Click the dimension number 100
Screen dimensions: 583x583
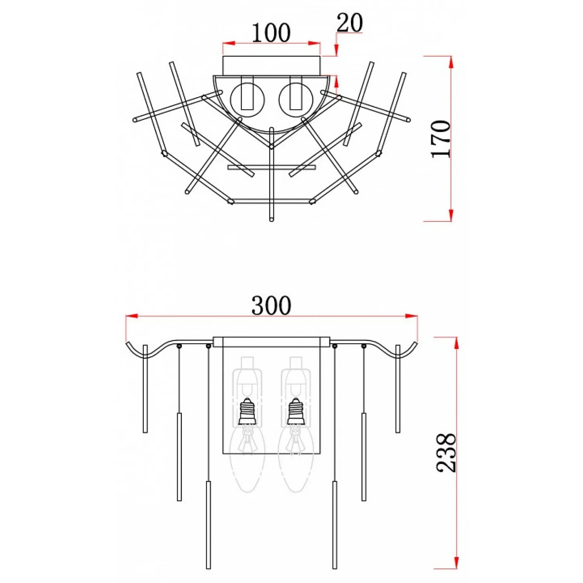coord(271,33)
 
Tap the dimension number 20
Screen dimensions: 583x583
coord(350,23)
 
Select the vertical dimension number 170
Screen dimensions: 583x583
coord(441,139)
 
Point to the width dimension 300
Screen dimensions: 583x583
coord(271,305)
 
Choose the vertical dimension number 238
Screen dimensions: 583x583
coord(446,453)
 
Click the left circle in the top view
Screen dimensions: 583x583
coord(248,100)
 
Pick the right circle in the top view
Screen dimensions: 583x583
coord(296,100)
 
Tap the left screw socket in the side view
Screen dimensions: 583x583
coord(248,412)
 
